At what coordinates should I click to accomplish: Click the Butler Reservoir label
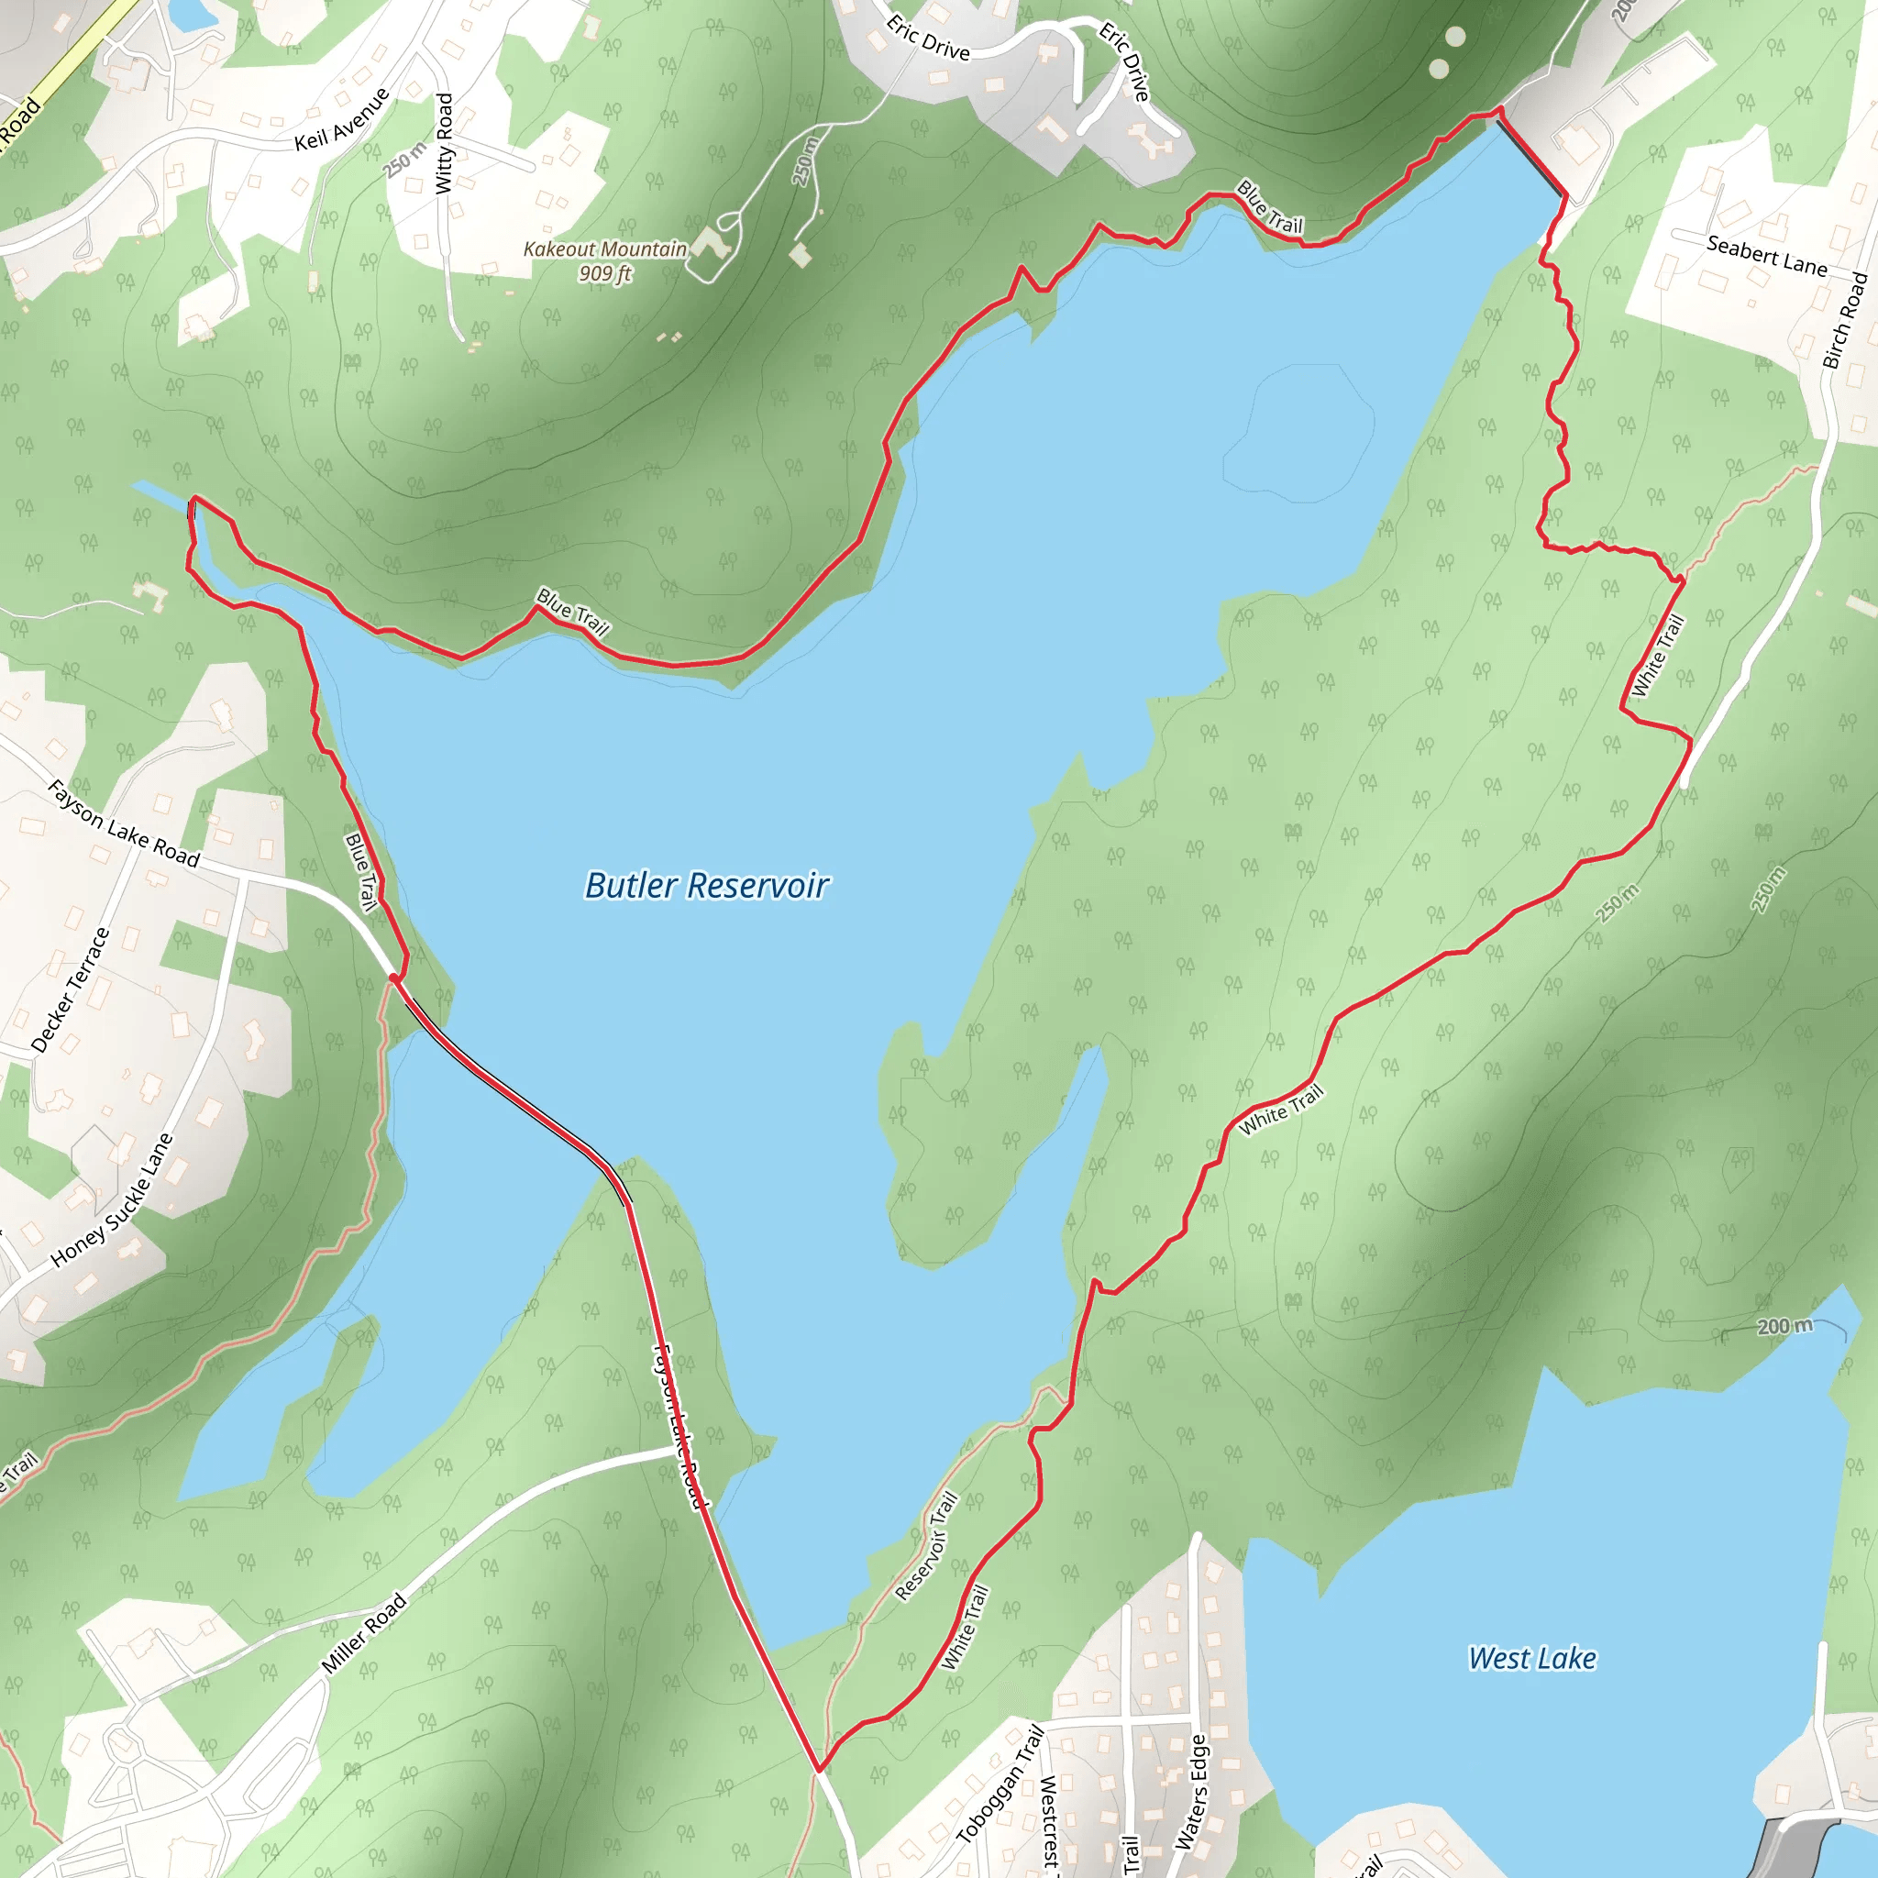[x=706, y=886]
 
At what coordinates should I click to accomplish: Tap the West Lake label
[x=1532, y=1658]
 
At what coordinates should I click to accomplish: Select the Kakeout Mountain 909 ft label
[x=605, y=260]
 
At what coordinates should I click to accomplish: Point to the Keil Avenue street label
[x=342, y=119]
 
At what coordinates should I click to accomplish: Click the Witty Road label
[x=444, y=143]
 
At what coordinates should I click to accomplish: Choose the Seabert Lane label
[x=1766, y=256]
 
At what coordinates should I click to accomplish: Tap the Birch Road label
[x=1844, y=321]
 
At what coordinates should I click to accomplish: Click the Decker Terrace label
[x=71, y=989]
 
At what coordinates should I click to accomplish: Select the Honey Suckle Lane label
[x=112, y=1199]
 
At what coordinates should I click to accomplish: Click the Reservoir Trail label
[x=926, y=1545]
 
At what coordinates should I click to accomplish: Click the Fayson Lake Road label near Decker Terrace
[x=124, y=823]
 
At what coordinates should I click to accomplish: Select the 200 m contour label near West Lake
[x=1784, y=1326]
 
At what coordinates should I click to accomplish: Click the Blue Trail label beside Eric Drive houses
[x=1269, y=206]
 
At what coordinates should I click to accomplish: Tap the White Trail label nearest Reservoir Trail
[x=966, y=1628]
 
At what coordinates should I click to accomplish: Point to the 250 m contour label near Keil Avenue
[x=404, y=160]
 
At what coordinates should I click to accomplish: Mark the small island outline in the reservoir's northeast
[x=1298, y=433]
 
